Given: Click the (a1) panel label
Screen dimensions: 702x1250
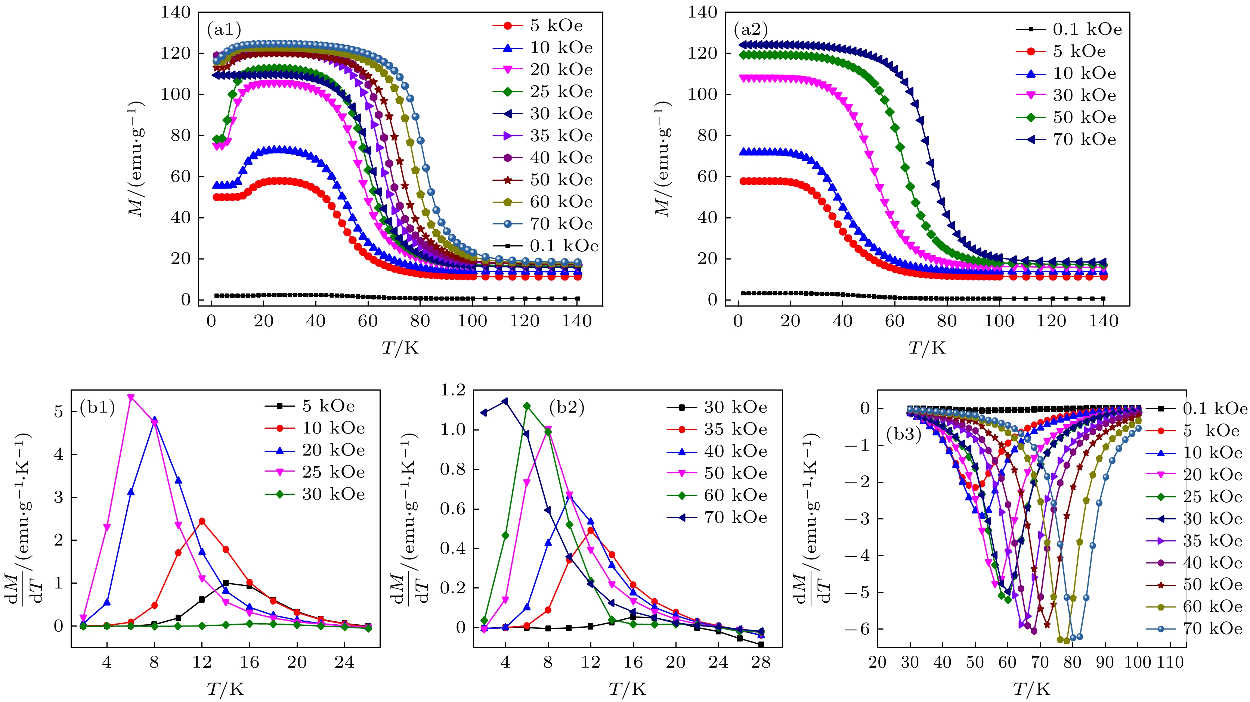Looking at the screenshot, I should click(224, 30).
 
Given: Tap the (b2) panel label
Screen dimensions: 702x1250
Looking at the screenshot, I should click(567, 407).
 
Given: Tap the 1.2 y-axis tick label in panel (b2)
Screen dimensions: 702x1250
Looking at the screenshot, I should click(452, 390).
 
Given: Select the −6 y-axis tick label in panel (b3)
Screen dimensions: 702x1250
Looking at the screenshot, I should click(857, 629).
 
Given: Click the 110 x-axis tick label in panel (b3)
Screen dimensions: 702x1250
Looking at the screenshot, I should click(1170, 662).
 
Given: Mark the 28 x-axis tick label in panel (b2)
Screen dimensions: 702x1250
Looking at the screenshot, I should click(760, 662).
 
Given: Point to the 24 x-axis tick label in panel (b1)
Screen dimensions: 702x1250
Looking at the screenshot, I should click(344, 662).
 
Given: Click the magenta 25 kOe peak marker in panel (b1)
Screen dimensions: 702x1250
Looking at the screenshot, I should click(130, 397).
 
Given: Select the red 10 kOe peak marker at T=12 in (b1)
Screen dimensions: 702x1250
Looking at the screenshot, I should click(202, 522).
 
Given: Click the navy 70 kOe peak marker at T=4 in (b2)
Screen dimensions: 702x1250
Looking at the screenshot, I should click(505, 401).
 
